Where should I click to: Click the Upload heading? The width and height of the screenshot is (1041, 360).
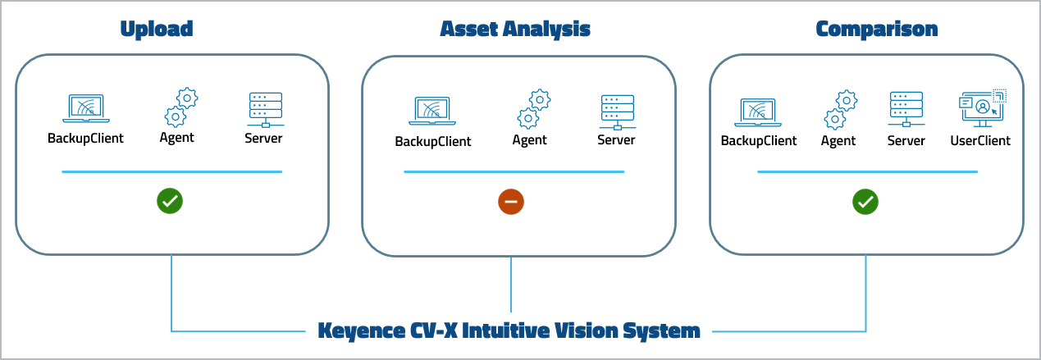pos(156,30)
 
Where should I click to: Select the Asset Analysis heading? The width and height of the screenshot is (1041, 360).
pos(514,30)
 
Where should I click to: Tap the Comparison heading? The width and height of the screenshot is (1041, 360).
pos(876,30)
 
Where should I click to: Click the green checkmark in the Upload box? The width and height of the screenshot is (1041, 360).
pos(171,201)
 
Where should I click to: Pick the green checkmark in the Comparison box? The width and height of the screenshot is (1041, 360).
pos(865,201)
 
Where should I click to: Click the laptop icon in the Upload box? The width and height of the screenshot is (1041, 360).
pos(86,109)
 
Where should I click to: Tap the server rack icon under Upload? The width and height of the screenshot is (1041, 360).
pos(264,109)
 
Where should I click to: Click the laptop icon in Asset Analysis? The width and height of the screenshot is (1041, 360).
pos(432,112)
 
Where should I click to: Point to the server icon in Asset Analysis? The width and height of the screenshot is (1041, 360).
pos(616,112)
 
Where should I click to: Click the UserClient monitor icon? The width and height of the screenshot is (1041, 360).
pos(982,109)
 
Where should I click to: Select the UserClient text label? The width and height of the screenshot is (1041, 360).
pos(980,140)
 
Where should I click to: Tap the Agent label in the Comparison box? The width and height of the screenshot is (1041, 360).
pos(838,140)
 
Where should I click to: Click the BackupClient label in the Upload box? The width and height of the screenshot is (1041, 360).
pos(85,138)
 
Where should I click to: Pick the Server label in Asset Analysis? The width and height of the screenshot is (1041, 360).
pos(616,140)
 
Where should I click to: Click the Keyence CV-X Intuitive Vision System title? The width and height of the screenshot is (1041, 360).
pos(509,331)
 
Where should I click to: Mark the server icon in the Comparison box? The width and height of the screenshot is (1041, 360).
pos(906,109)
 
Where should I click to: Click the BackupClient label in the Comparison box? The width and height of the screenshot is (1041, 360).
pos(758,140)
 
